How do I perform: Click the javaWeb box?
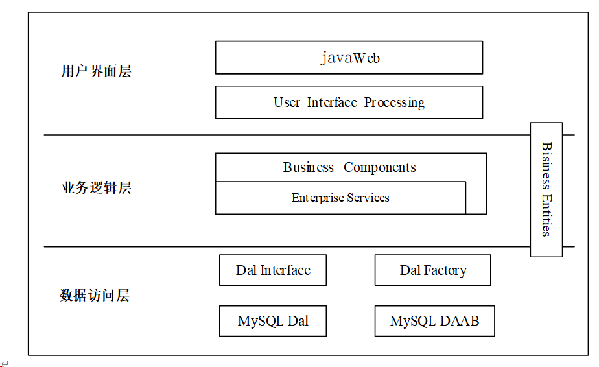point(349,57)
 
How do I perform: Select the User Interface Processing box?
point(349,102)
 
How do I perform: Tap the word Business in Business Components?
point(308,167)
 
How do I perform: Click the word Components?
point(380,167)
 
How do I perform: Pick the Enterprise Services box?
point(340,198)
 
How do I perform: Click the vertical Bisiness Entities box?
point(546,189)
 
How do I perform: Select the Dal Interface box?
point(273,270)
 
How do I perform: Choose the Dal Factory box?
point(433,270)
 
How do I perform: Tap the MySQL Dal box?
point(273,321)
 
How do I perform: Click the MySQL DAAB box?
point(435,321)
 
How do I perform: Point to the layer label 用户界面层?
point(96,71)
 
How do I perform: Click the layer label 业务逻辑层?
point(96,187)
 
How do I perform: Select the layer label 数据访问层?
point(95,295)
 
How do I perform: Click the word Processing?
point(394,102)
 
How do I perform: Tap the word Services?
point(368,198)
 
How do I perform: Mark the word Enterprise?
point(318,198)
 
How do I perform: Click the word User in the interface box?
point(287,102)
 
